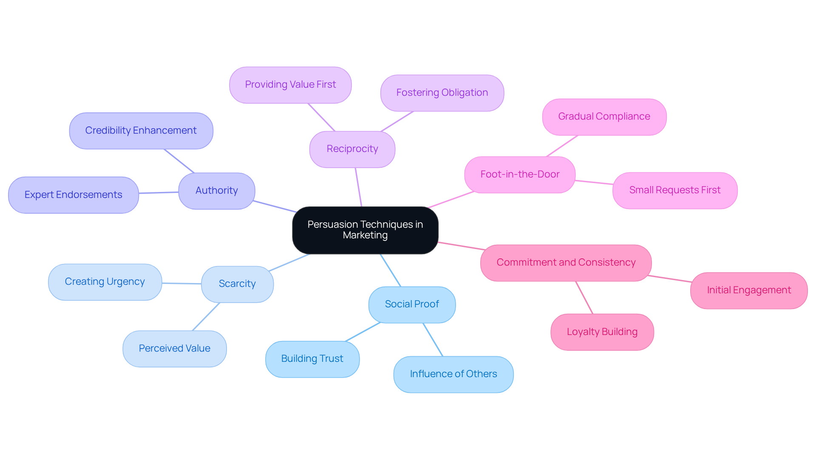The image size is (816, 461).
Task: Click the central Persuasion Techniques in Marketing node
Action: pyautogui.click(x=365, y=230)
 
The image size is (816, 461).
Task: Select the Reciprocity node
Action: pyautogui.click(x=352, y=149)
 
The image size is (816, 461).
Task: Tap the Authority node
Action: pyautogui.click(x=217, y=191)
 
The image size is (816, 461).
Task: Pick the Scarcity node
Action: pyautogui.click(x=237, y=284)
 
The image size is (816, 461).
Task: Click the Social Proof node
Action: pyautogui.click(x=412, y=304)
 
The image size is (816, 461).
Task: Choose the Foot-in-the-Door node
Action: pyautogui.click(x=520, y=175)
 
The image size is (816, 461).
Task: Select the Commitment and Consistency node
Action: pyautogui.click(x=566, y=263)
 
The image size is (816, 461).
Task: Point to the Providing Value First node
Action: pyautogui.click(x=290, y=85)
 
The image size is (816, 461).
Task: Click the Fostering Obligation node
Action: pyautogui.click(x=442, y=93)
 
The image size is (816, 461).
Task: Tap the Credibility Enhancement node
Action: pyautogui.click(x=141, y=131)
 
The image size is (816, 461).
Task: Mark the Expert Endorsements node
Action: pyautogui.click(x=74, y=195)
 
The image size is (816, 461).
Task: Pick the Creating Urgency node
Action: pyautogui.click(x=105, y=282)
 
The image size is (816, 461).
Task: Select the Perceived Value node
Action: pyautogui.click(x=175, y=349)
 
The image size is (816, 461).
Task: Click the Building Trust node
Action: pyautogui.click(x=312, y=359)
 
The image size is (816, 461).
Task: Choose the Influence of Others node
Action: pyautogui.click(x=453, y=374)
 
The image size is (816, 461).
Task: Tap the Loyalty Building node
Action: pyautogui.click(x=602, y=332)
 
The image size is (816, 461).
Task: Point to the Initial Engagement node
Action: pyautogui.click(x=749, y=290)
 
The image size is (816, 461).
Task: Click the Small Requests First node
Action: pyautogui.click(x=675, y=190)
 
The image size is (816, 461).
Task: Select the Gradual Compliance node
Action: pyautogui.click(x=604, y=117)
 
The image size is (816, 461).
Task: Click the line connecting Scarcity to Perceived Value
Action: pyautogui.click(x=206, y=317)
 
